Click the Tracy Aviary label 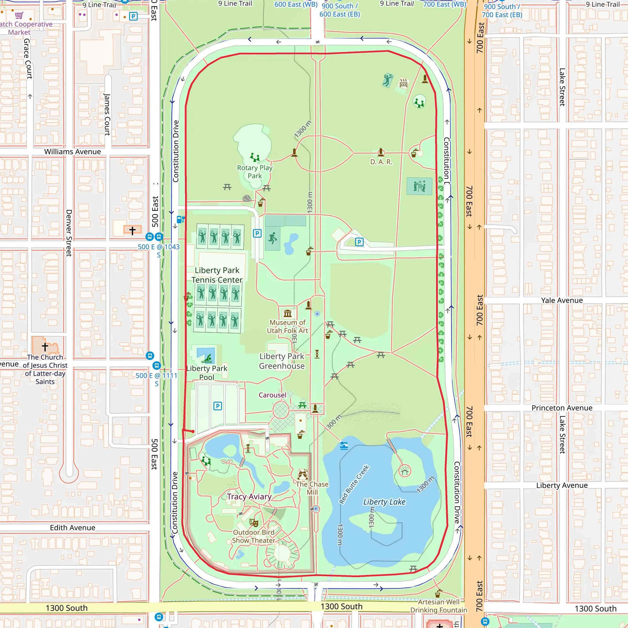tap(249, 497)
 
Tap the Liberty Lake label tap(384, 502)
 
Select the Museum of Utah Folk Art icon tap(287, 314)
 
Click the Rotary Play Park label tap(255, 172)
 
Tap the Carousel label tap(272, 395)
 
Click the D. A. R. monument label tap(381, 162)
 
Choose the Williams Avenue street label tap(72, 152)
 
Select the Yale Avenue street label tap(562, 300)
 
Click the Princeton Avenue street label tap(562, 408)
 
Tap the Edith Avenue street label tap(72, 527)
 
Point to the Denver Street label tap(69, 233)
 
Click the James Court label tap(107, 114)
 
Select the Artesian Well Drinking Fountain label tap(438, 606)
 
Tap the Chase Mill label tap(312, 488)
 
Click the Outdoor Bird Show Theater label tap(254, 536)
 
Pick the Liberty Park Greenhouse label tap(282, 361)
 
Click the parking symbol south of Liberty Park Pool tap(217, 406)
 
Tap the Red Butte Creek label tap(354, 484)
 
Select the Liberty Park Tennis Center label tap(217, 275)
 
